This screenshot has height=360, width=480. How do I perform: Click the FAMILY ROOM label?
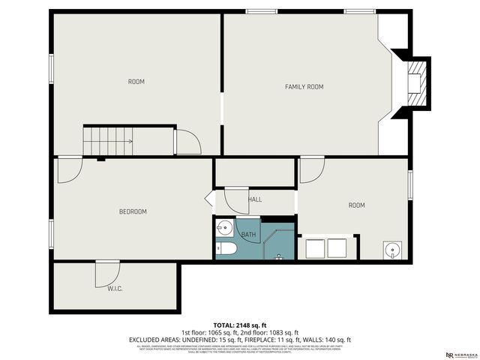coord(304,87)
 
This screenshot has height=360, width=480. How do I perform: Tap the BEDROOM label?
coord(133,211)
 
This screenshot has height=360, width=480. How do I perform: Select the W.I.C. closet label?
coord(115,288)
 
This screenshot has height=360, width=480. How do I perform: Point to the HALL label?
coord(255,199)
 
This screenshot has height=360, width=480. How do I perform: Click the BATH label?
coord(248,235)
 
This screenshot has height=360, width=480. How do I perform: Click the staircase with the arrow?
coord(108,139)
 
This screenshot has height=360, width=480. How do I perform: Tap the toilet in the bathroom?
coord(226,249)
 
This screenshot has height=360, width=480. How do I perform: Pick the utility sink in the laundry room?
coord(390,249)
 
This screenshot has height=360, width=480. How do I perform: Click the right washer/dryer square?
coord(336,247)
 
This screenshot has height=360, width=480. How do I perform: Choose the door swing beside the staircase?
coord(187,141)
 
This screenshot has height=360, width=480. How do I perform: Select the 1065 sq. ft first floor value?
coord(218,332)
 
